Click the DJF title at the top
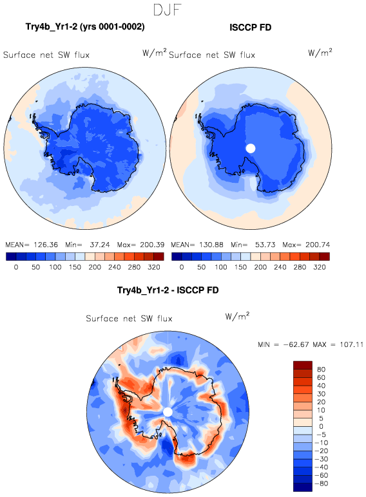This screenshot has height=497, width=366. (167, 10)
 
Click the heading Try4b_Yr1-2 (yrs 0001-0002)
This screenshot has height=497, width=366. (85, 27)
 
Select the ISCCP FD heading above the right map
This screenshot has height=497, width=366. (250, 28)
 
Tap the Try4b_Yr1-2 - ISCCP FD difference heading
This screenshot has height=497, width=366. (168, 290)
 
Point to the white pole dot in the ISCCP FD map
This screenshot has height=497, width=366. (251, 148)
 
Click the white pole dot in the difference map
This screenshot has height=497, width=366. (168, 412)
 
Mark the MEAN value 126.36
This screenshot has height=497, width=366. (46, 245)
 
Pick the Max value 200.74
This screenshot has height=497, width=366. (318, 245)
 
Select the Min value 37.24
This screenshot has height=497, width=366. (100, 245)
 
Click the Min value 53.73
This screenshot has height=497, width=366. (265, 245)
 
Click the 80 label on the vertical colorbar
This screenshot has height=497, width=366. (321, 370)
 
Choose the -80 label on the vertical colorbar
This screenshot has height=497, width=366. (321, 483)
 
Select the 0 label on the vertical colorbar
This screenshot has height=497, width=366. (321, 426)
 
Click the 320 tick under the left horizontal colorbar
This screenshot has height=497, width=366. (154, 267)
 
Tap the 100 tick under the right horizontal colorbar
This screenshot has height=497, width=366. (221, 267)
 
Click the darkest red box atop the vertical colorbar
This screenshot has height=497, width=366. (303, 365)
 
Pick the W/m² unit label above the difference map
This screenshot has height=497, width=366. (237, 316)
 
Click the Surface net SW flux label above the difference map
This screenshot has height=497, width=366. (129, 319)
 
